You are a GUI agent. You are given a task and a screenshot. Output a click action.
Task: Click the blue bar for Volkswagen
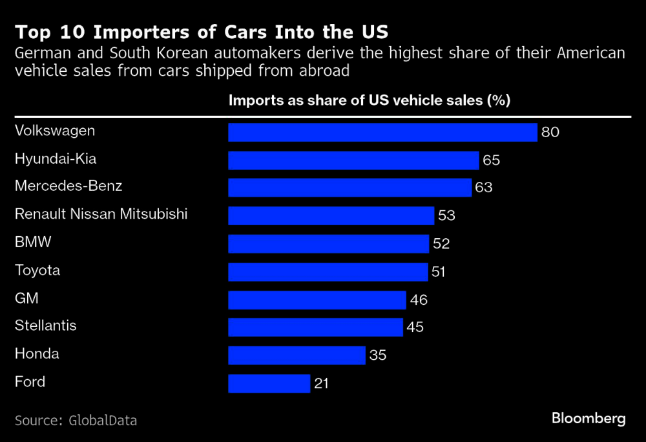[x=382, y=133]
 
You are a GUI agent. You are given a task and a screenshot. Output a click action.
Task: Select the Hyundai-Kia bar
[x=353, y=160]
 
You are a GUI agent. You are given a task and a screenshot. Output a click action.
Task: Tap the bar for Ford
[x=269, y=383]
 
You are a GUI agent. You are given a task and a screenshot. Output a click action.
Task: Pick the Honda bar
[x=297, y=355]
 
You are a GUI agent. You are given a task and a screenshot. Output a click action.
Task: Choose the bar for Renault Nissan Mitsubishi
[x=331, y=216]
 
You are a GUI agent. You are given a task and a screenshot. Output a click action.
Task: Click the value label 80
[x=550, y=133]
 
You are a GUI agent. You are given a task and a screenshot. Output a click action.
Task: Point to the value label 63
[x=484, y=188]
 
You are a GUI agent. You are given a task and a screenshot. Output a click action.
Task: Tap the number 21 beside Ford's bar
[x=322, y=383]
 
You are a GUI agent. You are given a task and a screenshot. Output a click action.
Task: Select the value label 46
[x=419, y=300]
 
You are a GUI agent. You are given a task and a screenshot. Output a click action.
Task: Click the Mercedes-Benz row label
[x=68, y=186]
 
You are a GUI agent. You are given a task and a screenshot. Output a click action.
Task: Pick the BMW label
[x=33, y=243]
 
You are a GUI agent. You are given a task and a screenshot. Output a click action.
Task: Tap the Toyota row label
[x=37, y=271]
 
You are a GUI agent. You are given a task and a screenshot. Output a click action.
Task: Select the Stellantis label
[x=46, y=326]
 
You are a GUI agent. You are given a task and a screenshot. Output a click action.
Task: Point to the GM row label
[x=26, y=298]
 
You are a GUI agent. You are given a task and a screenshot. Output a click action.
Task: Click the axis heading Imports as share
[x=369, y=101]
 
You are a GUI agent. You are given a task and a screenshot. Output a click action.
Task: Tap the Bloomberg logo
[x=589, y=419]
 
